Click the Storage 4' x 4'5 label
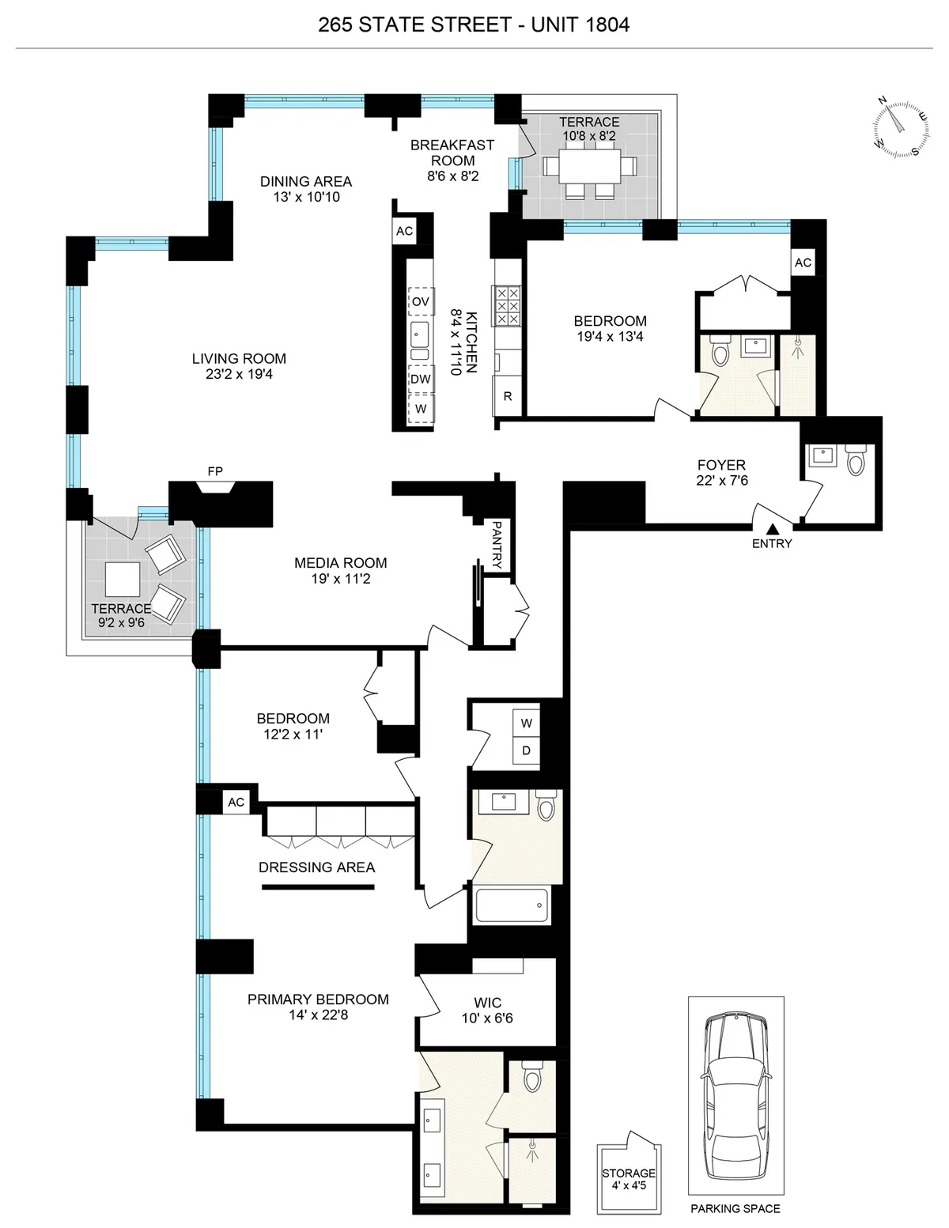click(629, 1179)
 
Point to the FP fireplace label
click(215, 471)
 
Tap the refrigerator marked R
click(508, 396)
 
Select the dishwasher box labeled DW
click(421, 380)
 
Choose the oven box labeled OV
click(421, 302)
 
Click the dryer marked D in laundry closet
click(527, 750)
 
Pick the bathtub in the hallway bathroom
click(512, 905)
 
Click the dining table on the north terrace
click(589, 167)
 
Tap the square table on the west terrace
click(123, 580)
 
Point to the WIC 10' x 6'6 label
click(487, 1011)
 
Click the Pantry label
click(497, 544)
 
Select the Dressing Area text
click(316, 867)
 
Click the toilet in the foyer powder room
click(854, 461)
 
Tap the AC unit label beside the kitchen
click(404, 232)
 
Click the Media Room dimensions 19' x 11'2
click(340, 579)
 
